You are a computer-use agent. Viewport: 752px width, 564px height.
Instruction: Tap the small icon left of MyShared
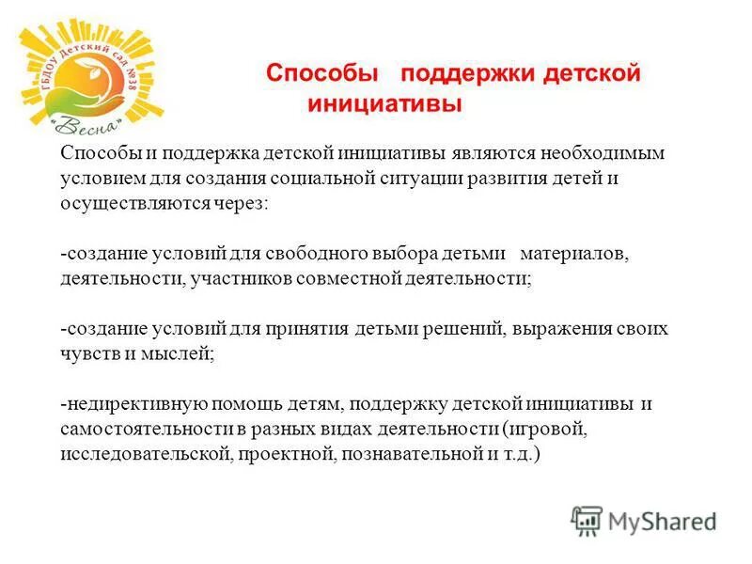tap(587, 520)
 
